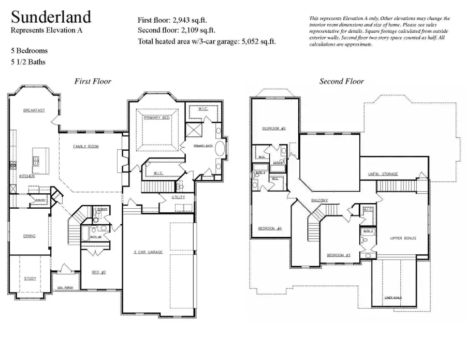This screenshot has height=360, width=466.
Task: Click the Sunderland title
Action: click(51, 17)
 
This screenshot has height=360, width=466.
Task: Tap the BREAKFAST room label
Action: click(34, 110)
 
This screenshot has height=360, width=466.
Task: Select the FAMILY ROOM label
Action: click(85, 147)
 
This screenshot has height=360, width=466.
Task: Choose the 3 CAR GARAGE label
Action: click(148, 252)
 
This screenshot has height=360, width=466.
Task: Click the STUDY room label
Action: click(30, 278)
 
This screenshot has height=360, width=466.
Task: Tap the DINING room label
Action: click(30, 236)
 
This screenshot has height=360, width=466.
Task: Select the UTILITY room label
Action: click(171, 197)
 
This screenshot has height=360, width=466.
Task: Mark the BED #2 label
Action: click(99, 272)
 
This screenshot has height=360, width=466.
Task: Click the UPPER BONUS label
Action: click(403, 238)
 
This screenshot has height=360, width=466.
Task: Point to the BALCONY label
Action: click(320, 200)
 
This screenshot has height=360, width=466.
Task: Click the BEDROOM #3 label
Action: click(339, 255)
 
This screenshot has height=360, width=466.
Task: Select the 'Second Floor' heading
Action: click(341, 81)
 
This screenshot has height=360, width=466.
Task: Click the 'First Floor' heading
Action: click(93, 81)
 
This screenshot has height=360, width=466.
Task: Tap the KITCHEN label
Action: click(27, 176)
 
